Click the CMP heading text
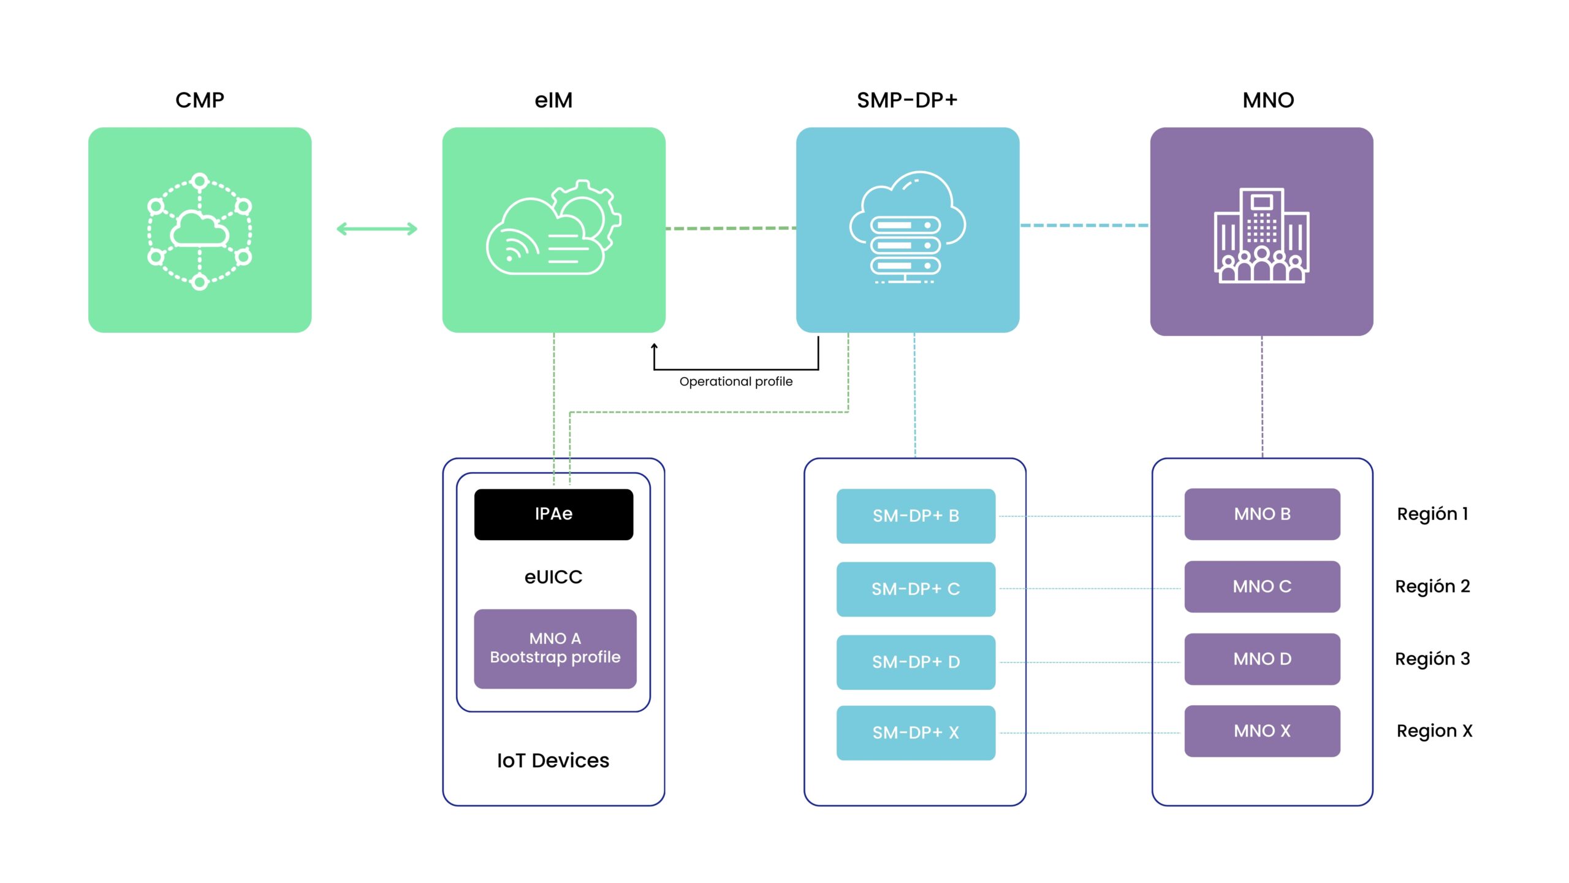point(200,100)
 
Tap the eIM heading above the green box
point(553,100)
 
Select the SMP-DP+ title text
point(907,100)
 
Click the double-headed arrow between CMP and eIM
point(377,229)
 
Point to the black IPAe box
point(553,514)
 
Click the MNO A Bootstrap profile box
point(555,648)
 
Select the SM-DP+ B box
point(916,516)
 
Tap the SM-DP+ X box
point(916,732)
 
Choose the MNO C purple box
point(1262,586)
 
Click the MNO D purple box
point(1262,659)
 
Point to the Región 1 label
point(1432,514)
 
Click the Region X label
point(1434,731)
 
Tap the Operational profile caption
point(735,381)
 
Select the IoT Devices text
point(553,760)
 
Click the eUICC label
point(553,577)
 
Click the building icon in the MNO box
point(1261,235)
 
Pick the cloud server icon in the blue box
point(907,228)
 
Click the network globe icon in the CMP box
point(200,231)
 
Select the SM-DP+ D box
point(916,662)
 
